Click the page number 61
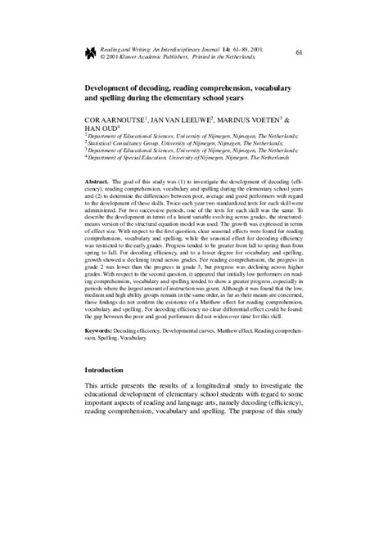point(299,53)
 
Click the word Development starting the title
point(112,83)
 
